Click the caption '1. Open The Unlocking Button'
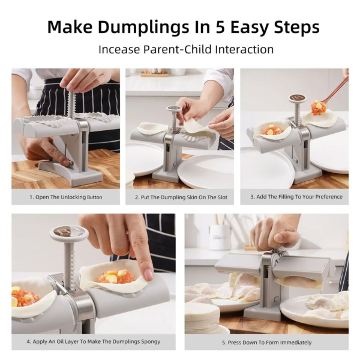[x=65, y=197]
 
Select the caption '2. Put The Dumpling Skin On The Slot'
[x=179, y=197]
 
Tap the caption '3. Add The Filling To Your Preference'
[x=294, y=197]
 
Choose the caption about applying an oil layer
[x=93, y=341]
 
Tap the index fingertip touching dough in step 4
[x=146, y=274]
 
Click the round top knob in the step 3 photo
[x=297, y=98]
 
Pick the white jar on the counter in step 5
[x=220, y=236]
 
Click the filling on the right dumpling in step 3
[x=319, y=108]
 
